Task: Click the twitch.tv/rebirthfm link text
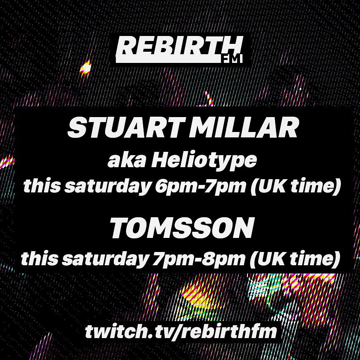pos(180,331)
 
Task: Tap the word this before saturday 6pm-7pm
pos(38,187)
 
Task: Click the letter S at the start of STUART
pos(76,129)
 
